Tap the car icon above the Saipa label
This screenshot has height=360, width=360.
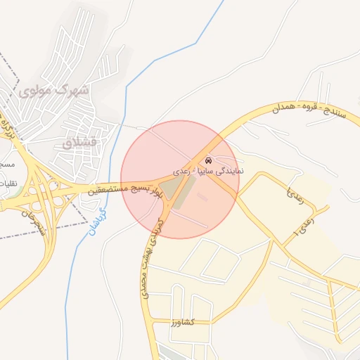208,160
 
